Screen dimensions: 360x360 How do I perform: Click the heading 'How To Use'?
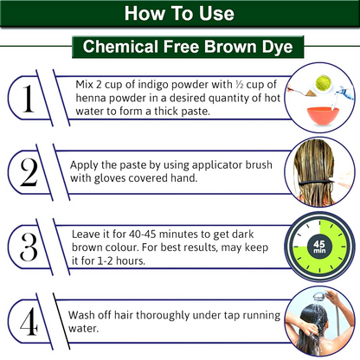pos(179,13)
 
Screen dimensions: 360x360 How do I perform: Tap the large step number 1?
pos(29,99)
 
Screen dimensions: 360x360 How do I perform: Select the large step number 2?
pos(29,172)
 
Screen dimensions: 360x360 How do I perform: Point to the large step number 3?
pos(29,247)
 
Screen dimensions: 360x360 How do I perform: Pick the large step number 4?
pos(29,321)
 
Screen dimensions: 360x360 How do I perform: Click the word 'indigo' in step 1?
pos(153,85)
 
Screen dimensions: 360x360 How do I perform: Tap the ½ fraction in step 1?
pos(240,84)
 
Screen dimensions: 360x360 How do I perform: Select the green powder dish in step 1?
pos(323,83)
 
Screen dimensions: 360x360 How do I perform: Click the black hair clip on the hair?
pos(316,183)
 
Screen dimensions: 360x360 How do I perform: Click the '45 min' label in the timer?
pos(319,247)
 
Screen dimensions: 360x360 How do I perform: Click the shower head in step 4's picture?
pos(319,297)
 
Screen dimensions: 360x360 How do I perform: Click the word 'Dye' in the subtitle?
pos(277,47)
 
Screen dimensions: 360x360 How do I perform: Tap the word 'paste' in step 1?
pos(196,112)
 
